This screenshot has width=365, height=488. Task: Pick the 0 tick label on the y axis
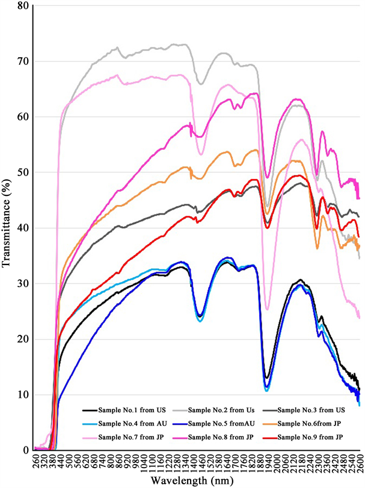coord(25,450)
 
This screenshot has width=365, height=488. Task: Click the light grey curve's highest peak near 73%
coord(175,44)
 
